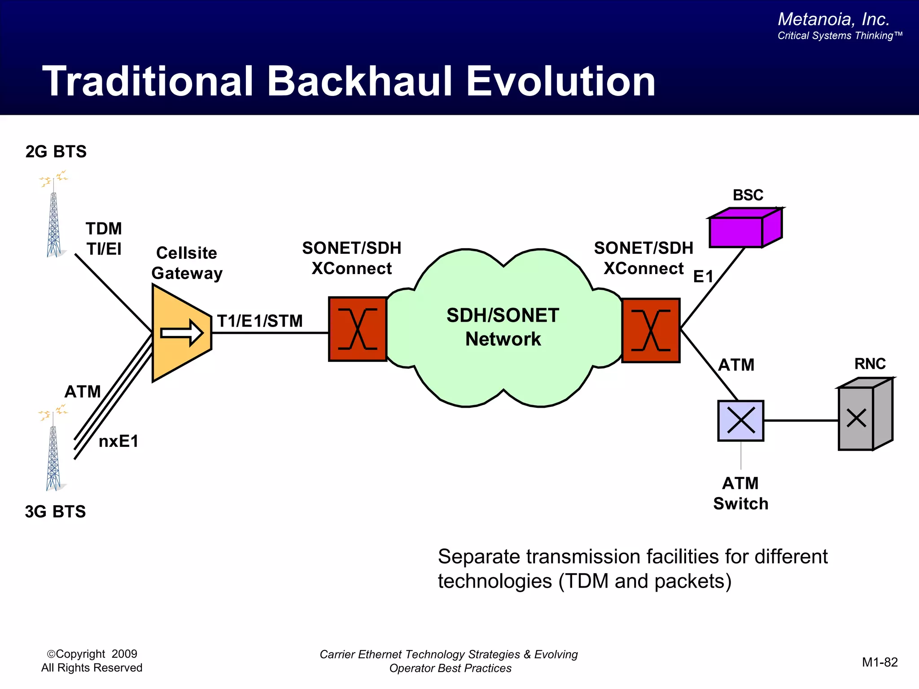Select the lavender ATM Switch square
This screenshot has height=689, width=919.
tap(740, 421)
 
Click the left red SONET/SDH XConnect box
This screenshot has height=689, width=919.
tap(358, 329)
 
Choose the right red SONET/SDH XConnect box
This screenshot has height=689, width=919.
tap(651, 330)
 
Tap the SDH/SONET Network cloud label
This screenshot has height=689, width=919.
tap(503, 327)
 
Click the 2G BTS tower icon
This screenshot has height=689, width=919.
tap(54, 220)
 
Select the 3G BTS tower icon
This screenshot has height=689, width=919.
tap(53, 453)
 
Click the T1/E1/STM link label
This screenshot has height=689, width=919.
tap(260, 321)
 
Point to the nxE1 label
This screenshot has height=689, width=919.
tap(118, 441)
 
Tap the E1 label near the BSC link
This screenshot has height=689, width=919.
tap(703, 277)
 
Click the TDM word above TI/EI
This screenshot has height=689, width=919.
tap(104, 229)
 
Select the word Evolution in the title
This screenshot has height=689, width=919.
tap(561, 81)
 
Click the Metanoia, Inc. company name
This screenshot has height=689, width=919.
tap(833, 19)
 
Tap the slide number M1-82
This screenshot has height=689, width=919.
tap(880, 662)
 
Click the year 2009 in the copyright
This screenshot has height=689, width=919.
tap(124, 654)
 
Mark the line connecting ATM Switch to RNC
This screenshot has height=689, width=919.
tap(801, 420)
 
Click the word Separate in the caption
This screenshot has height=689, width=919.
tap(479, 557)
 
